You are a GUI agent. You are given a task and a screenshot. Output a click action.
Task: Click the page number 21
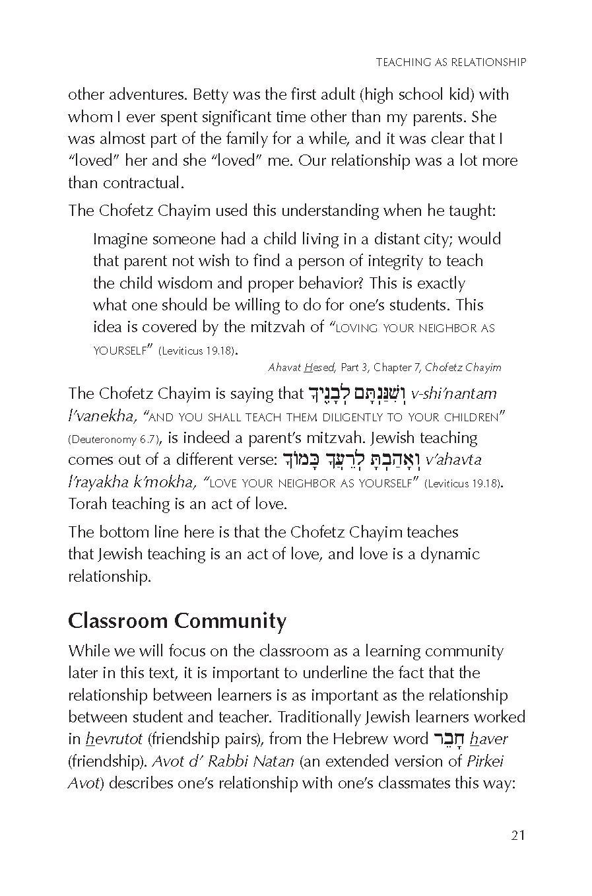pyautogui.click(x=517, y=835)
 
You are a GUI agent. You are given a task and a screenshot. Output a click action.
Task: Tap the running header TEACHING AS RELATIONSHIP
pyautogui.click(x=451, y=62)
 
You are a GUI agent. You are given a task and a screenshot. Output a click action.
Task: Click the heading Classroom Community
pyautogui.click(x=177, y=621)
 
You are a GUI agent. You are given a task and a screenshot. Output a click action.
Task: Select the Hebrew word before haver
pyautogui.click(x=448, y=739)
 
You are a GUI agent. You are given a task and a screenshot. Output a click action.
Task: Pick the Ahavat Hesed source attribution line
pyautogui.click(x=384, y=367)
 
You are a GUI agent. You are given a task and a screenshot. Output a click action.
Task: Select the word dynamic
pyautogui.click(x=450, y=554)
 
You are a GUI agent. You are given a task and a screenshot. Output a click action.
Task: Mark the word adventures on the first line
pyautogui.click(x=138, y=94)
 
